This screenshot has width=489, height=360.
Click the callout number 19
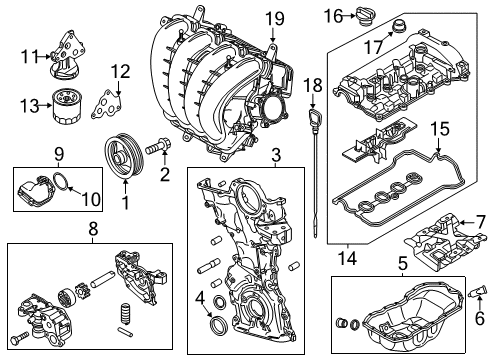274,19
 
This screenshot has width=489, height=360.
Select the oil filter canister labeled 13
65,106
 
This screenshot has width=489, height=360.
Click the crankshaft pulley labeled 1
124,157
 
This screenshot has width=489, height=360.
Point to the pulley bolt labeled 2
157,147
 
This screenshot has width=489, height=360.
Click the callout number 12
120,72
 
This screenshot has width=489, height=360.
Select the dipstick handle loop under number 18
316,117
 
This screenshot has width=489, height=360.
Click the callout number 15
440,129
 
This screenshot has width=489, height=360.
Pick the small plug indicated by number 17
398,27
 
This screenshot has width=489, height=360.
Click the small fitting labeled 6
475,292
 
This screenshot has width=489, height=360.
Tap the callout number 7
480,222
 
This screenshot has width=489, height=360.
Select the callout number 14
347,258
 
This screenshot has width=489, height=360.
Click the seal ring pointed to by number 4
218,324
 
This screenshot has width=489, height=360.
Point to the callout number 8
93,229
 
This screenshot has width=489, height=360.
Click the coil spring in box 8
124,313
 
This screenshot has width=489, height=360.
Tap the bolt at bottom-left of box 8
19,339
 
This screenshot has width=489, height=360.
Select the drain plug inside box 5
341,322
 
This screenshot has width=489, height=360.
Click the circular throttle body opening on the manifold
273,109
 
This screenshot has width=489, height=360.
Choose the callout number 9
59,154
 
